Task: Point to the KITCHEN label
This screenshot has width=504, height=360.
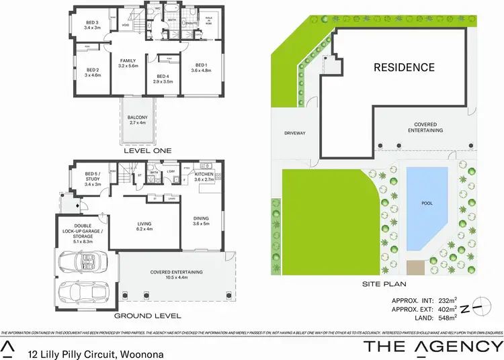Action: (x=204, y=174)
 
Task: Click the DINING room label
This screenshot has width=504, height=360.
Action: (x=202, y=218)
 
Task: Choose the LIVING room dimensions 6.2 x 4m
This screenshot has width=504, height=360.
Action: (x=145, y=229)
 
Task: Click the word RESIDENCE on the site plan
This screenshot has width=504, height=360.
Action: (x=405, y=67)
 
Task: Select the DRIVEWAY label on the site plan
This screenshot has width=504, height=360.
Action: (x=295, y=133)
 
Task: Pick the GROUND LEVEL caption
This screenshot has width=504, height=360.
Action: (x=148, y=315)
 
